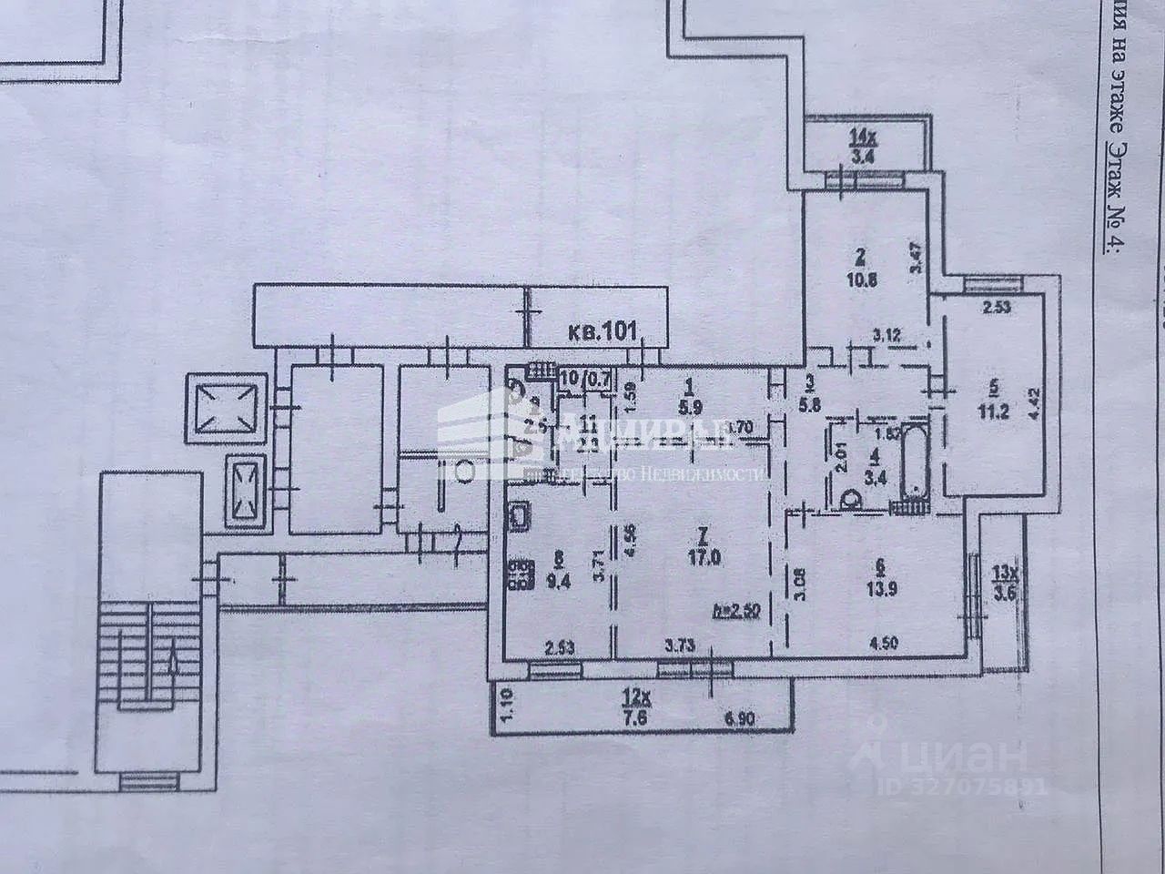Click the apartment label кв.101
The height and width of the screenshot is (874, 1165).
pyautogui.click(x=598, y=329)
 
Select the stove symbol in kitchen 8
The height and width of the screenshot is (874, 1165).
pyautogui.click(x=522, y=571)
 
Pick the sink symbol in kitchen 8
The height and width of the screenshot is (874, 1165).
pyautogui.click(x=522, y=517)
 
